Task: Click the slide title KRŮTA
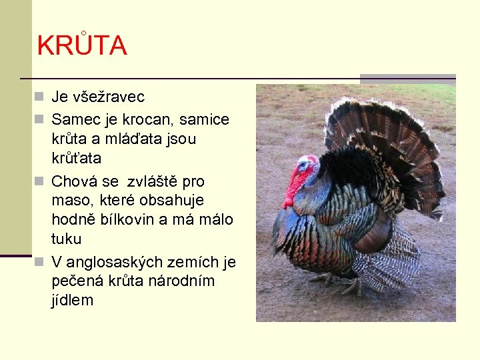tap(82, 45)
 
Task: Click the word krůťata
tap(76, 159)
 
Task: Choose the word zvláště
tap(162, 181)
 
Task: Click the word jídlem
tap(72, 301)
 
